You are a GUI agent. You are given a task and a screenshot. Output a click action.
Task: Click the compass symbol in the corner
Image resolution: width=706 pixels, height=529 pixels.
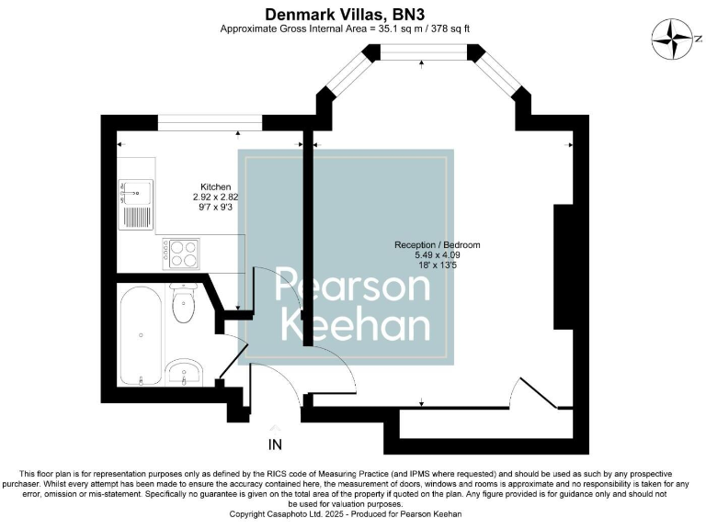(x=673, y=39)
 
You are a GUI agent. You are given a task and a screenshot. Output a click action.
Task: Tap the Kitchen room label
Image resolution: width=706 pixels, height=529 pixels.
(x=215, y=186)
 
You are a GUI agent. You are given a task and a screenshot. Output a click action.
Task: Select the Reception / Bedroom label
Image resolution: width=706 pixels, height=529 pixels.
(x=437, y=245)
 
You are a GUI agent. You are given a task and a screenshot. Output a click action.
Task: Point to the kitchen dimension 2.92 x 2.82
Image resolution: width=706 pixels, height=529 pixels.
(x=215, y=197)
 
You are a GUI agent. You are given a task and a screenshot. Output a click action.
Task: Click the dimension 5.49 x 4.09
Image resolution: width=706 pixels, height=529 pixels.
(x=437, y=255)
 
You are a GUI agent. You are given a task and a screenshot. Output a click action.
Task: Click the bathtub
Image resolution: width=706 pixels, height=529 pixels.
(x=141, y=336)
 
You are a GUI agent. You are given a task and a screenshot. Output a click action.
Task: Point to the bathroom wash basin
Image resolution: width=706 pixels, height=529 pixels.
(x=185, y=372)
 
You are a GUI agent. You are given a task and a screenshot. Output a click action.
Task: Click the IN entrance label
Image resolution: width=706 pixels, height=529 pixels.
(x=275, y=445)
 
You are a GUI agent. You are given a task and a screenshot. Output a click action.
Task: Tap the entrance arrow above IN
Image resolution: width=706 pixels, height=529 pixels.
(x=275, y=428)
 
